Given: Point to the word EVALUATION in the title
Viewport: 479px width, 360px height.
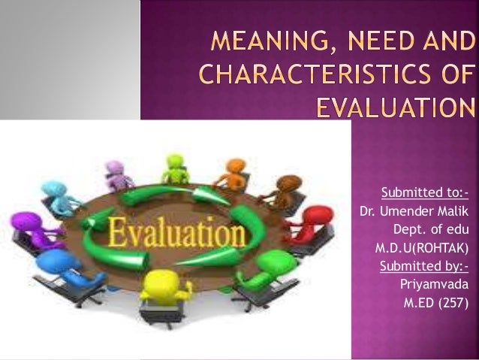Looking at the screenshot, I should (x=396, y=109).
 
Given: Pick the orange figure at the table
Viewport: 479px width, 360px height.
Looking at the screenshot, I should (x=232, y=172).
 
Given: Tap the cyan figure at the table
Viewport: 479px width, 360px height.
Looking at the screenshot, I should (x=57, y=192).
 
